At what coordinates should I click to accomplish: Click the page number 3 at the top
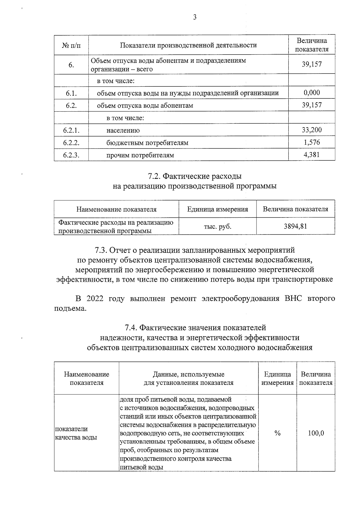click(x=195, y=17)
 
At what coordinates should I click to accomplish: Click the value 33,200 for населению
click(x=312, y=130)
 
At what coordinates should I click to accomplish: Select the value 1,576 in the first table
click(x=312, y=142)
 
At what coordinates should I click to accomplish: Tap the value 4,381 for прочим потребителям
click(x=312, y=155)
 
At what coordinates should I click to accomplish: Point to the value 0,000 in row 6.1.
click(x=312, y=93)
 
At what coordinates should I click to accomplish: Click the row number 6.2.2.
click(x=71, y=143)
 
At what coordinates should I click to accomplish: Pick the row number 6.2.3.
click(x=71, y=155)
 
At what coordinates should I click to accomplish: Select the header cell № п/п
click(x=71, y=45)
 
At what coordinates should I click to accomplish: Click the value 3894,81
click(x=295, y=226)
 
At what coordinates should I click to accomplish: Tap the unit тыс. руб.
click(x=217, y=226)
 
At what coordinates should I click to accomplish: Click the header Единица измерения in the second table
click(x=217, y=209)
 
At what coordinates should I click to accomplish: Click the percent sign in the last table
click(x=277, y=433)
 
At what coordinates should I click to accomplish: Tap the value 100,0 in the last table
click(x=316, y=433)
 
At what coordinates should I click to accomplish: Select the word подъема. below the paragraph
click(x=70, y=309)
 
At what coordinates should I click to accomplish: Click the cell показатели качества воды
click(x=76, y=433)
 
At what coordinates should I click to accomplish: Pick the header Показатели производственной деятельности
click(x=188, y=45)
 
